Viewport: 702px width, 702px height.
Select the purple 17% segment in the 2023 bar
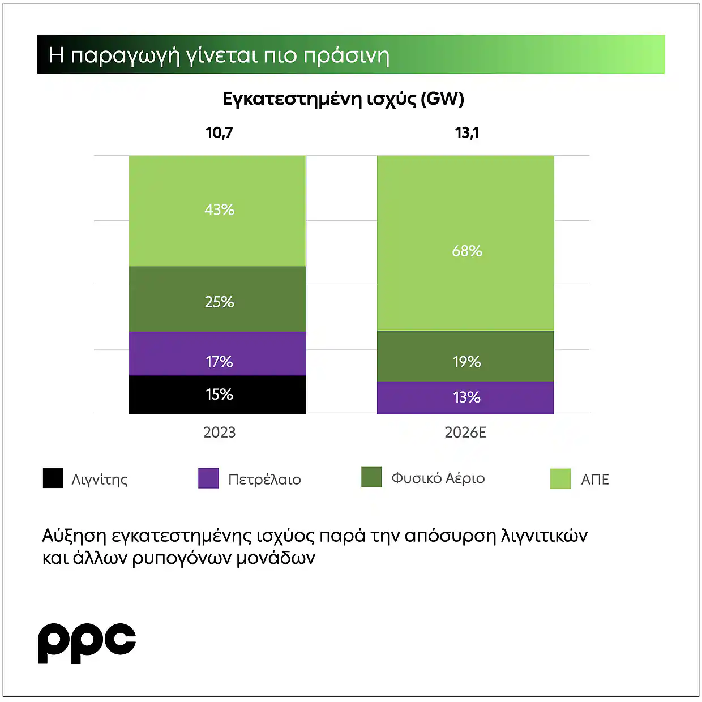[217, 354]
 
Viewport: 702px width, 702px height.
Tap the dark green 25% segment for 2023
[217, 299]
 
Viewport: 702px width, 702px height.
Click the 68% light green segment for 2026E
[465, 243]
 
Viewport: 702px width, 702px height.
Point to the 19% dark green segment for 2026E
[465, 356]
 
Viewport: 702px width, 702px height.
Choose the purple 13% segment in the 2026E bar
[465, 397]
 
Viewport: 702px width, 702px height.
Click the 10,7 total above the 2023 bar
[219, 133]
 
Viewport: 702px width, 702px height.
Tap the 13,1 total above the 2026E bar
[466, 133]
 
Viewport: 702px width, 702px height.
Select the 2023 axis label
[219, 433]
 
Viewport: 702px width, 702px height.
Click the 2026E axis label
[465, 433]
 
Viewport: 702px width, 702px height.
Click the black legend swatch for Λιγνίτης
[53, 478]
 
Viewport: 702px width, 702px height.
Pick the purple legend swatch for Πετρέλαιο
[208, 478]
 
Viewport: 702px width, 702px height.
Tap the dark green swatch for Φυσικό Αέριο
[371, 477]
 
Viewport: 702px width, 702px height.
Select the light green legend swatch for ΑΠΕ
[560, 479]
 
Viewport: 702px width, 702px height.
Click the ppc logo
[87, 643]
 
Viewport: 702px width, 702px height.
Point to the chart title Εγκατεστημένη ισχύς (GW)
[343, 99]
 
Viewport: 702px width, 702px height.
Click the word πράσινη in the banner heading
[346, 55]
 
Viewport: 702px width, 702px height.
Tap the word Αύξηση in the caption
[74, 536]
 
